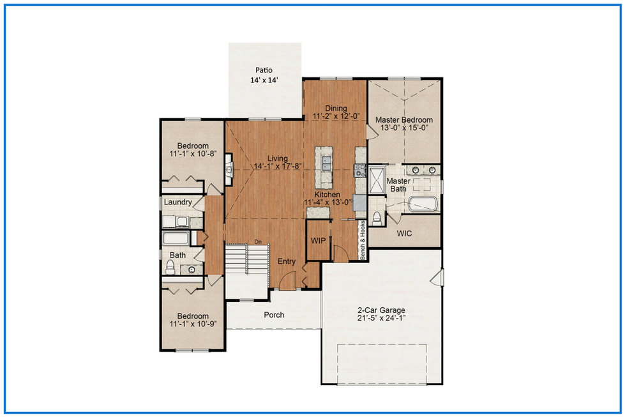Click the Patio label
tap(264, 70)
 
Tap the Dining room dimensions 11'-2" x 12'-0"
tap(336, 116)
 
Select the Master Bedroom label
tap(403, 119)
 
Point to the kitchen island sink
tap(326, 163)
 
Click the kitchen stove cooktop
tap(360, 171)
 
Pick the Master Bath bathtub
tap(423, 204)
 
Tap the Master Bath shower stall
tap(376, 181)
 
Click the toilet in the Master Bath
tap(377, 218)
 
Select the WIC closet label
tap(404, 233)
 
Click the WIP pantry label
tap(318, 240)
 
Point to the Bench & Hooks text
tap(363, 240)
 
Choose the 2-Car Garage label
tap(381, 310)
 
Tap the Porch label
tap(274, 315)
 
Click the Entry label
tap(287, 261)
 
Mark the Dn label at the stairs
tap(258, 241)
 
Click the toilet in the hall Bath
tap(170, 267)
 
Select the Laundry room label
tap(177, 202)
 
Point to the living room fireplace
tap(229, 170)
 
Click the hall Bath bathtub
tap(176, 238)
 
